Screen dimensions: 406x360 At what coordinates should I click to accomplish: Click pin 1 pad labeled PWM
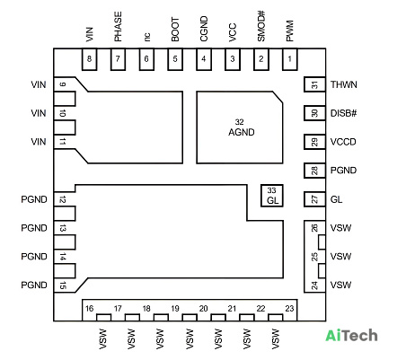click(x=290, y=59)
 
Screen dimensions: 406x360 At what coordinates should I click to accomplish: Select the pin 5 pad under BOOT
click(x=175, y=59)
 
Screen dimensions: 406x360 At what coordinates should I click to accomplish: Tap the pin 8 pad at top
click(x=89, y=59)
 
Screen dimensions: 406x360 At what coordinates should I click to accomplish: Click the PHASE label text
click(x=118, y=27)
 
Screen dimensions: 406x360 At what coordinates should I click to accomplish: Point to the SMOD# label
click(x=261, y=26)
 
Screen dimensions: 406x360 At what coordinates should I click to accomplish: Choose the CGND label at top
click(x=204, y=29)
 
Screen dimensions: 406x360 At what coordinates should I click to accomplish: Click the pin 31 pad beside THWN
click(x=314, y=84)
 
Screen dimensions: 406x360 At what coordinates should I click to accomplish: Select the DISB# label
click(x=343, y=113)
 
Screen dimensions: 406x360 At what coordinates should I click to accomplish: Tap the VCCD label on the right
click(x=343, y=142)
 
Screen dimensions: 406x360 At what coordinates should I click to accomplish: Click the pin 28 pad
click(x=314, y=171)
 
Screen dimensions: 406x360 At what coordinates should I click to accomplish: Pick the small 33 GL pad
click(x=271, y=196)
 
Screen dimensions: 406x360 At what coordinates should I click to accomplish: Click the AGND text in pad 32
click(x=242, y=132)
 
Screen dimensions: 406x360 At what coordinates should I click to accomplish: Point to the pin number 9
click(x=62, y=84)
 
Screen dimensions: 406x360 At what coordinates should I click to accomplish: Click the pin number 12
click(x=62, y=199)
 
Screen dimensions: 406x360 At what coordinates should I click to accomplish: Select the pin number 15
click(x=62, y=285)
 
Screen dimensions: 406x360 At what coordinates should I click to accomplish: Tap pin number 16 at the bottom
click(x=89, y=309)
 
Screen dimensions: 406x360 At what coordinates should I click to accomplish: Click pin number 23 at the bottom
click(x=289, y=309)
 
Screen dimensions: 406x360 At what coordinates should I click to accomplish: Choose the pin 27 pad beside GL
click(x=314, y=199)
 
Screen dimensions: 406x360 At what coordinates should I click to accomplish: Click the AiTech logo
click(x=351, y=336)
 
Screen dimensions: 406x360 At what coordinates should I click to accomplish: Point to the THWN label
click(x=344, y=84)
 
